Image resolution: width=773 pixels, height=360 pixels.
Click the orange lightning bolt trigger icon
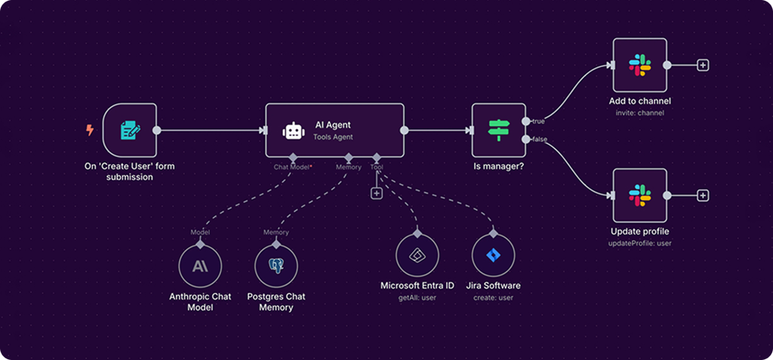[x=90, y=130]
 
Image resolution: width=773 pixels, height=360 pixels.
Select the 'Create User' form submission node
[x=129, y=131]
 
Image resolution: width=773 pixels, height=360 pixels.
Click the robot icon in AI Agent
[x=292, y=131]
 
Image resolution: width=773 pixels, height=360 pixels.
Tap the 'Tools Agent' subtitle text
[x=333, y=138]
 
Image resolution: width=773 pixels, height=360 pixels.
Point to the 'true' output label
[x=538, y=121]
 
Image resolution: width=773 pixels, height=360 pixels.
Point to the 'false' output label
[x=539, y=140]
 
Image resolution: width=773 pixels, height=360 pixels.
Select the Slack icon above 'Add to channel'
[x=639, y=65]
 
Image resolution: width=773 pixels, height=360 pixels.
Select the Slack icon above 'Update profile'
[x=639, y=195]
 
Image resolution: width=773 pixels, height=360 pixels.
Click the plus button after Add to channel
[x=703, y=65]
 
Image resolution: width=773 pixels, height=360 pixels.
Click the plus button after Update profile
[x=703, y=195]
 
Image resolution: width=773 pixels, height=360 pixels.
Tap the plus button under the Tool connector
[x=377, y=193]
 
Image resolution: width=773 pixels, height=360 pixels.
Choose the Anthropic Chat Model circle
[x=200, y=266]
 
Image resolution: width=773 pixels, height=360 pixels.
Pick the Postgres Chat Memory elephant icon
[x=276, y=266]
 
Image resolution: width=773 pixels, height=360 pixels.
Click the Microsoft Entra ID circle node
[x=417, y=255]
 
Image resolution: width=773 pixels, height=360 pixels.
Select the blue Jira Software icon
[x=492, y=255]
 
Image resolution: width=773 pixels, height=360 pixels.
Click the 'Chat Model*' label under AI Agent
[x=293, y=168]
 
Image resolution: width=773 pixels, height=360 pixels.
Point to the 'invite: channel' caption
[x=639, y=112]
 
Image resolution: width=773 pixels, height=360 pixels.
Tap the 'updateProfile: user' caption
[x=639, y=243]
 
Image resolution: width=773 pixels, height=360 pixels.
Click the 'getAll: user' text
[x=417, y=297]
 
